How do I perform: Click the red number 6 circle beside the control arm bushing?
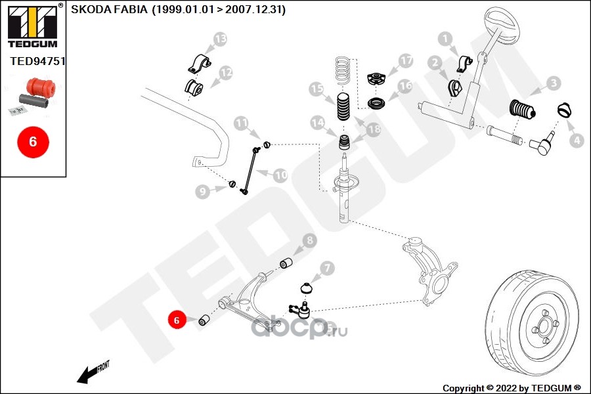click(x=177, y=320)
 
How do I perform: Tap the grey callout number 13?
click(x=220, y=39)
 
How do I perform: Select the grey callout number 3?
click(x=554, y=83)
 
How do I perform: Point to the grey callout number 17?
click(x=406, y=60)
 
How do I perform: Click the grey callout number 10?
click(x=280, y=175)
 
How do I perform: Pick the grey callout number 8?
click(x=310, y=240)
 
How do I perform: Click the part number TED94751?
click(x=37, y=61)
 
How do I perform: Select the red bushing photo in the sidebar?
click(x=41, y=87)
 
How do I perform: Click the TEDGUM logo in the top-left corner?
click(x=33, y=26)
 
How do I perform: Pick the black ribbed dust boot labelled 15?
click(x=343, y=106)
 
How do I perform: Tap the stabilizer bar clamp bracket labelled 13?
click(x=200, y=64)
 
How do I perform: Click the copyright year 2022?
click(x=506, y=388)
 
